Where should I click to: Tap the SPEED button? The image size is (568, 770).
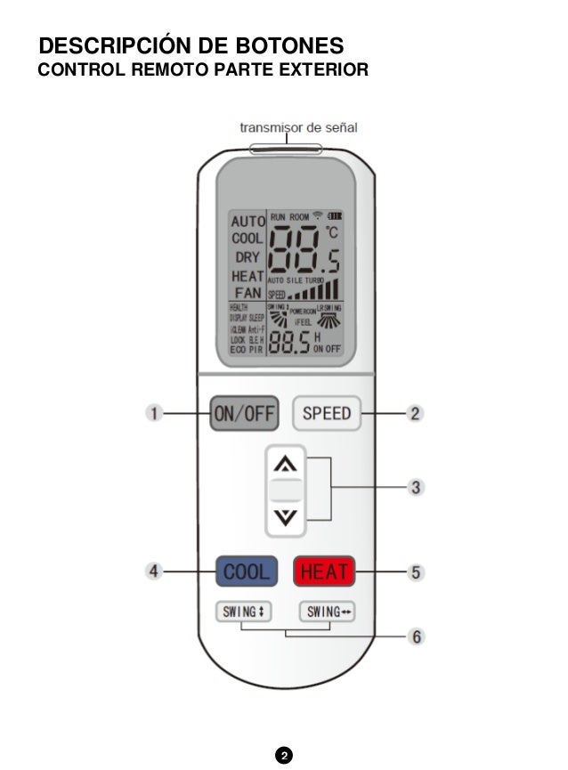pos(327,413)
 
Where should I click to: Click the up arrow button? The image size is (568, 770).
pos(285,464)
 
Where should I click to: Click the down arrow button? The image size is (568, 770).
pos(285,517)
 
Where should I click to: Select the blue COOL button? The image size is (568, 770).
pos(246,571)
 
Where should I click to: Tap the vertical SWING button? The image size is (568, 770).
pos(242,612)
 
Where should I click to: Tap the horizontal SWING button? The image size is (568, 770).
pos(328,612)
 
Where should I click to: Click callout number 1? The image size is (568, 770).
pos(154,413)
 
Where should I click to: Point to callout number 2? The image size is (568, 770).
pos(414,413)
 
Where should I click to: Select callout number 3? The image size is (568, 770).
pos(415,487)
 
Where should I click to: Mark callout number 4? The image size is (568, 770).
pos(154,571)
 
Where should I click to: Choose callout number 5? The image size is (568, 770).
pos(415,571)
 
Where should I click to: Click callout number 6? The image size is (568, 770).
pos(415,636)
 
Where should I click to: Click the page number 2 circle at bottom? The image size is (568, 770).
pos(283,756)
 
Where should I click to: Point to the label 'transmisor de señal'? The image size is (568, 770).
pos(298,127)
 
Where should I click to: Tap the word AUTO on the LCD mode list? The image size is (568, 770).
pos(247,220)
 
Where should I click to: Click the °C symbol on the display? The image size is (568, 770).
pos(331,231)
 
